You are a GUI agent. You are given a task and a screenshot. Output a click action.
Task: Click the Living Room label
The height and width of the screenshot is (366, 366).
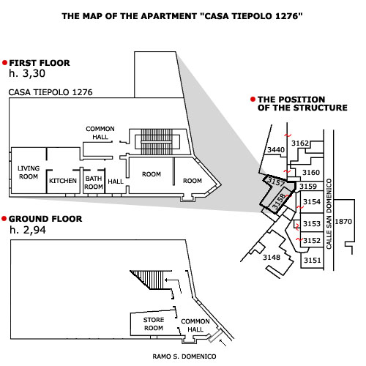coord(29,172)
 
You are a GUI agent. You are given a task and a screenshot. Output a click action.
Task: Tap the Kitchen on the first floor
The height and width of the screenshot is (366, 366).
coord(63,181)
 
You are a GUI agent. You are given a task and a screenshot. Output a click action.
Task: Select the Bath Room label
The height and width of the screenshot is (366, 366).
coord(94,182)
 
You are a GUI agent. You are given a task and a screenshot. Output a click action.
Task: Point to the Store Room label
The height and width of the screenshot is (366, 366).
coord(154,324)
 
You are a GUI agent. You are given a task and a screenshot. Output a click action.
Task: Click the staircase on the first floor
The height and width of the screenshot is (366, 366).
coord(157,142)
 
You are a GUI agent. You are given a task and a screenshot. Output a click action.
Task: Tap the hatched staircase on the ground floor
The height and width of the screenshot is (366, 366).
coord(151,280)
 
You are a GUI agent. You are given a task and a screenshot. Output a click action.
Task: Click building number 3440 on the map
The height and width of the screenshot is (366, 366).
coord(276,149)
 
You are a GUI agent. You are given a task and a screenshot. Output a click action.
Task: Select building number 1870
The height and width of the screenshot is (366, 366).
coord(343,222)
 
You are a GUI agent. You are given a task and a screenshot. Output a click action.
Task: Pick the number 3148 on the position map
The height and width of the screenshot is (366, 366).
coord(272,257)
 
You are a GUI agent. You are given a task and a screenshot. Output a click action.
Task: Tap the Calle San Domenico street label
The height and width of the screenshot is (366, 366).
coord(329,214)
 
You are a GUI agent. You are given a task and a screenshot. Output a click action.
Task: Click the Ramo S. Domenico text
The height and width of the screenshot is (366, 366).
coord(184,356)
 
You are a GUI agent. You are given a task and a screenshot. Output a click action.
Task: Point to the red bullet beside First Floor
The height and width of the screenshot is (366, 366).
coord(4,63)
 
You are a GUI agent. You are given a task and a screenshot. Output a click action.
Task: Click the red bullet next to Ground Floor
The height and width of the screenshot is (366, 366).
coord(4,219)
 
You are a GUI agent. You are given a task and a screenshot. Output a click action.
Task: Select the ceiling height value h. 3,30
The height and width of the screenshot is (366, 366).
coord(27,73)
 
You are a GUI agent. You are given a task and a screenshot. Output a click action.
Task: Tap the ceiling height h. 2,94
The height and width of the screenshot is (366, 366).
coord(28,230)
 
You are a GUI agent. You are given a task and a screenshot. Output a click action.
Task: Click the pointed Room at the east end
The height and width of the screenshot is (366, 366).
coord(193,181)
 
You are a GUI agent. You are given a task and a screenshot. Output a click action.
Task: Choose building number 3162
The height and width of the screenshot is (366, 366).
coord(300,143)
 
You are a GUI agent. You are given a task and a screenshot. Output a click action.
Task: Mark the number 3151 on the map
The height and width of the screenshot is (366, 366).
coord(313,261)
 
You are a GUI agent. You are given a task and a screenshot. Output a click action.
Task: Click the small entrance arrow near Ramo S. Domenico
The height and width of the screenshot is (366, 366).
coord(223,343)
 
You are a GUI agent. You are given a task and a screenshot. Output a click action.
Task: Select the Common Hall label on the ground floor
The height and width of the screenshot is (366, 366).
coord(195,325)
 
